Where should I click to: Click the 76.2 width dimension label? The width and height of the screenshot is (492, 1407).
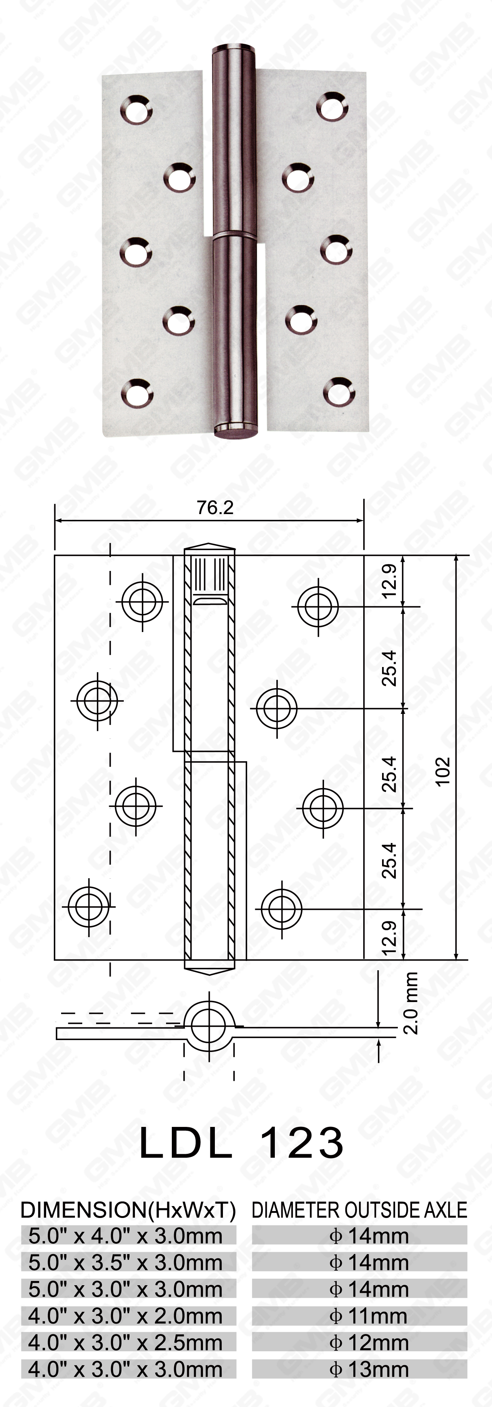tap(215, 508)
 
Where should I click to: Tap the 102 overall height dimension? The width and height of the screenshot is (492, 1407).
tap(442, 771)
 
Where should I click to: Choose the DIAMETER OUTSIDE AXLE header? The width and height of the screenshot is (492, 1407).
tap(359, 1210)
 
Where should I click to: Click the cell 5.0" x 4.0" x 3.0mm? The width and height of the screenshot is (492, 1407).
tap(126, 1236)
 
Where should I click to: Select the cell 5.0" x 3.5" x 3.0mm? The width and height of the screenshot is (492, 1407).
tap(126, 1263)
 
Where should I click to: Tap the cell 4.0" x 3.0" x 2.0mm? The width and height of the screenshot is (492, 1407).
tap(126, 1316)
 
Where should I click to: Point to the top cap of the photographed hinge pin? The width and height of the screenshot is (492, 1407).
tap(232, 50)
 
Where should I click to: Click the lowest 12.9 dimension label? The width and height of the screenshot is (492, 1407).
tap(389, 937)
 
